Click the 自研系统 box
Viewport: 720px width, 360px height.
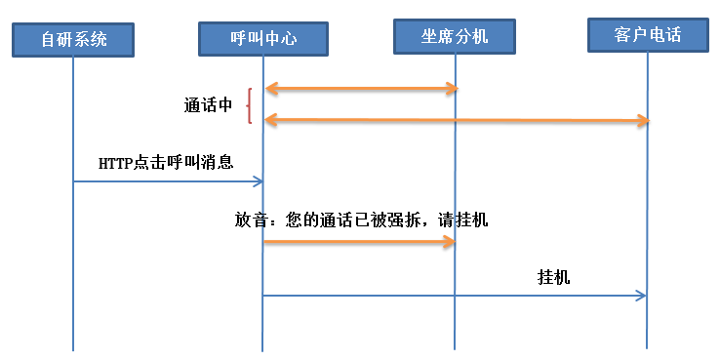73,40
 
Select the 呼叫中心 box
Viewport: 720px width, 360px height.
262,38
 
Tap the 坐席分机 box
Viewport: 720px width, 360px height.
454,37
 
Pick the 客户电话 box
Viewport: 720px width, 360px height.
647,36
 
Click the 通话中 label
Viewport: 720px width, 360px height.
208,105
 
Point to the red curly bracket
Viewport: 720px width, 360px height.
250,105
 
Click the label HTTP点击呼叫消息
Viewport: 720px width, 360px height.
166,162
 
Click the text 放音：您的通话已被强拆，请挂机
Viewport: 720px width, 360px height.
361,220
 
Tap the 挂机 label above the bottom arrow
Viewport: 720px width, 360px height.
554,277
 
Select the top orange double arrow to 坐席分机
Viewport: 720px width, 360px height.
361,89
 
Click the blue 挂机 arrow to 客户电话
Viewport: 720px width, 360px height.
455,295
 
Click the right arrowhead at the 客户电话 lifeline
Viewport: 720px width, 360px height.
642,120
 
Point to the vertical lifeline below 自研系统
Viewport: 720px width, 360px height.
73,263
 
